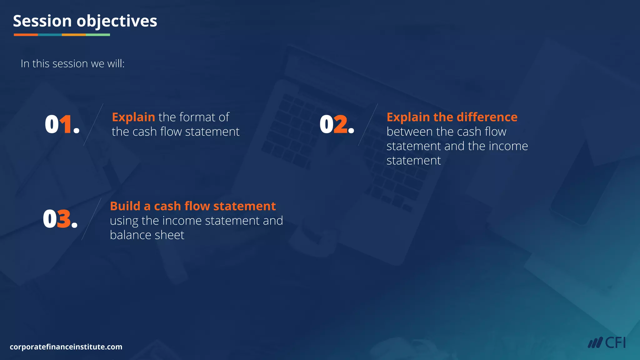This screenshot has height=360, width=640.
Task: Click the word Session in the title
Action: [42, 21]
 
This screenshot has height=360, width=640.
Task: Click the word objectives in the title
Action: [117, 22]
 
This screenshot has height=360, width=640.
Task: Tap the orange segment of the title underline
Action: [26, 35]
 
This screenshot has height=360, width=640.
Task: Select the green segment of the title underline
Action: [98, 35]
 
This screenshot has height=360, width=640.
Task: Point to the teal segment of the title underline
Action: [50, 35]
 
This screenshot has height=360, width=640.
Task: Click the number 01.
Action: [62, 124]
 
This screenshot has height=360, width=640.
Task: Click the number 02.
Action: [337, 124]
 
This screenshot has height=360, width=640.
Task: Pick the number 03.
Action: [60, 219]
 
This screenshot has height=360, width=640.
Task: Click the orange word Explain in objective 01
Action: [133, 117]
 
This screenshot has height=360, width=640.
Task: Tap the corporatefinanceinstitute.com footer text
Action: [66, 347]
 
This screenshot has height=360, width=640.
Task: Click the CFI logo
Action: [606, 343]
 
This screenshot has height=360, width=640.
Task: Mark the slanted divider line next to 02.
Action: [368, 125]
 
